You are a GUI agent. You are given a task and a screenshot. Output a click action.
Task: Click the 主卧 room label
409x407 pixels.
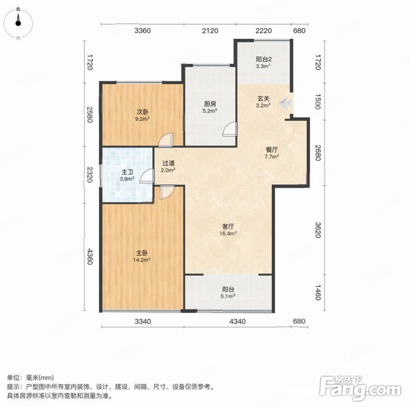(142, 253)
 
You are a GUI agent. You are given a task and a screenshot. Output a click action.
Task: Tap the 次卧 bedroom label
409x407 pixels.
(143, 112)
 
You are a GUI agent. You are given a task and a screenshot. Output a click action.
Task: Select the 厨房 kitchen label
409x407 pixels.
(210, 104)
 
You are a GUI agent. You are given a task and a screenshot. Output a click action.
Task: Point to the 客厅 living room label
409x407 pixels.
(228, 227)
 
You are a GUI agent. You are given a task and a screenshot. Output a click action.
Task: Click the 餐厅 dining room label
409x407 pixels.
(272, 150)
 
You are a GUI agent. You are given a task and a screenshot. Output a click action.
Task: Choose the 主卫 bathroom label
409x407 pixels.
(127, 172)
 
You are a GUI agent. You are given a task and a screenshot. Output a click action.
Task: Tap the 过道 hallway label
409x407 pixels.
(168, 163)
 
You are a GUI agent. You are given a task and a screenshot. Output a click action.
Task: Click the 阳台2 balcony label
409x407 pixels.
(264, 59)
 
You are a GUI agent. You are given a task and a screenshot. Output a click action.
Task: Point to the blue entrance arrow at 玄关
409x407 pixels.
(286, 103)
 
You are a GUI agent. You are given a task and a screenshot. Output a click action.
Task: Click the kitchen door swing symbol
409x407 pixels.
(230, 129)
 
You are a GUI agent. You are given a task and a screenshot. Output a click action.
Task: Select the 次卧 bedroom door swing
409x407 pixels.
(166, 140)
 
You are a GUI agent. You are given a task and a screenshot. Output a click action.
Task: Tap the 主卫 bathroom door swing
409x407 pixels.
(146, 175)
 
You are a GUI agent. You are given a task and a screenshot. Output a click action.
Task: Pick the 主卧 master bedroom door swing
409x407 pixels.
(167, 192)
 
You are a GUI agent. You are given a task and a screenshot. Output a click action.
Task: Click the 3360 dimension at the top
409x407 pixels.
(142, 31)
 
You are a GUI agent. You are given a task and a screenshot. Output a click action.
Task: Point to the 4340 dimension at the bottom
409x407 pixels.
(237, 321)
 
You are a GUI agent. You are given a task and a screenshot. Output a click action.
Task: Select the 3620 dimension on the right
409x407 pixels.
(317, 230)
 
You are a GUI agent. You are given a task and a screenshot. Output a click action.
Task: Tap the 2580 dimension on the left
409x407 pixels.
(90, 114)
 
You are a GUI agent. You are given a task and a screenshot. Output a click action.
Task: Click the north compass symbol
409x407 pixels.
(18, 24)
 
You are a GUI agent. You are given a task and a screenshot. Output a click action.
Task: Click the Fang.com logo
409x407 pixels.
(360, 388)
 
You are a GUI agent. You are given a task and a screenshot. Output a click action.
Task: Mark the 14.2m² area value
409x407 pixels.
(142, 260)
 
